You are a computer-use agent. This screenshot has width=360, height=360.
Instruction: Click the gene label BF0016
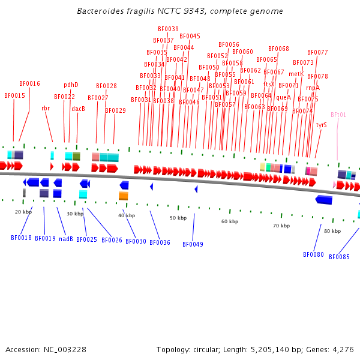tap(29, 84)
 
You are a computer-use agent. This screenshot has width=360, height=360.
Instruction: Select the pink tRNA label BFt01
tap(338, 115)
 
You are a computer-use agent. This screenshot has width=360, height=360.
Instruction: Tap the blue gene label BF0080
tap(313, 254)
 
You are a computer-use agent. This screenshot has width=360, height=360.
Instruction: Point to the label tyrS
tap(321, 125)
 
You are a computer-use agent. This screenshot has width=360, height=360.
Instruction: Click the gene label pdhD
tap(71, 85)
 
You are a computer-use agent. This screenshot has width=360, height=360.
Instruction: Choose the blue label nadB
tap(66, 239)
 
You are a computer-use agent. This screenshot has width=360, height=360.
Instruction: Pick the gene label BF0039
tap(168, 29)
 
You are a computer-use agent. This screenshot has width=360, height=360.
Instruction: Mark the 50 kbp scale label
tap(178, 218)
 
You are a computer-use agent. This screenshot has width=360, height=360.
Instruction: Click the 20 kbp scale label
tap(23, 212)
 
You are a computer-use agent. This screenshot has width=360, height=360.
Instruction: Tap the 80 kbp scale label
tap(332, 231)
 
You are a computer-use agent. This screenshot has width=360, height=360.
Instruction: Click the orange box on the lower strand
tap(123, 196)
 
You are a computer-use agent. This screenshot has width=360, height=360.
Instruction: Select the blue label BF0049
tap(193, 244)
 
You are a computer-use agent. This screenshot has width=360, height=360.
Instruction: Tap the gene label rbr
tap(46, 109)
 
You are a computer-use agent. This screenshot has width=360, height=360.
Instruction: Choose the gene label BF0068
tap(278, 49)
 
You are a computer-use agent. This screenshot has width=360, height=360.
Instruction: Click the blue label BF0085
tap(339, 257)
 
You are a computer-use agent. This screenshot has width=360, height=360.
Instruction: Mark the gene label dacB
tap(79, 109)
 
